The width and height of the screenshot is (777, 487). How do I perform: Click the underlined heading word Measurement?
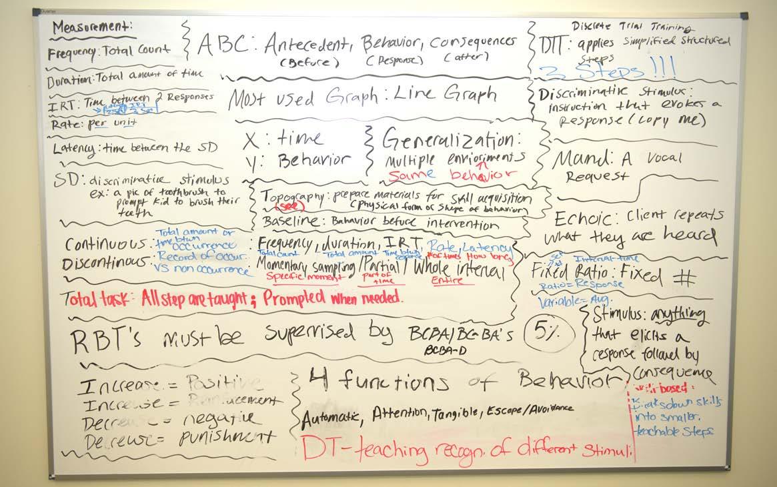click(x=92, y=27)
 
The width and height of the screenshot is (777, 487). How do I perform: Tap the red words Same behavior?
click(x=452, y=174)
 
